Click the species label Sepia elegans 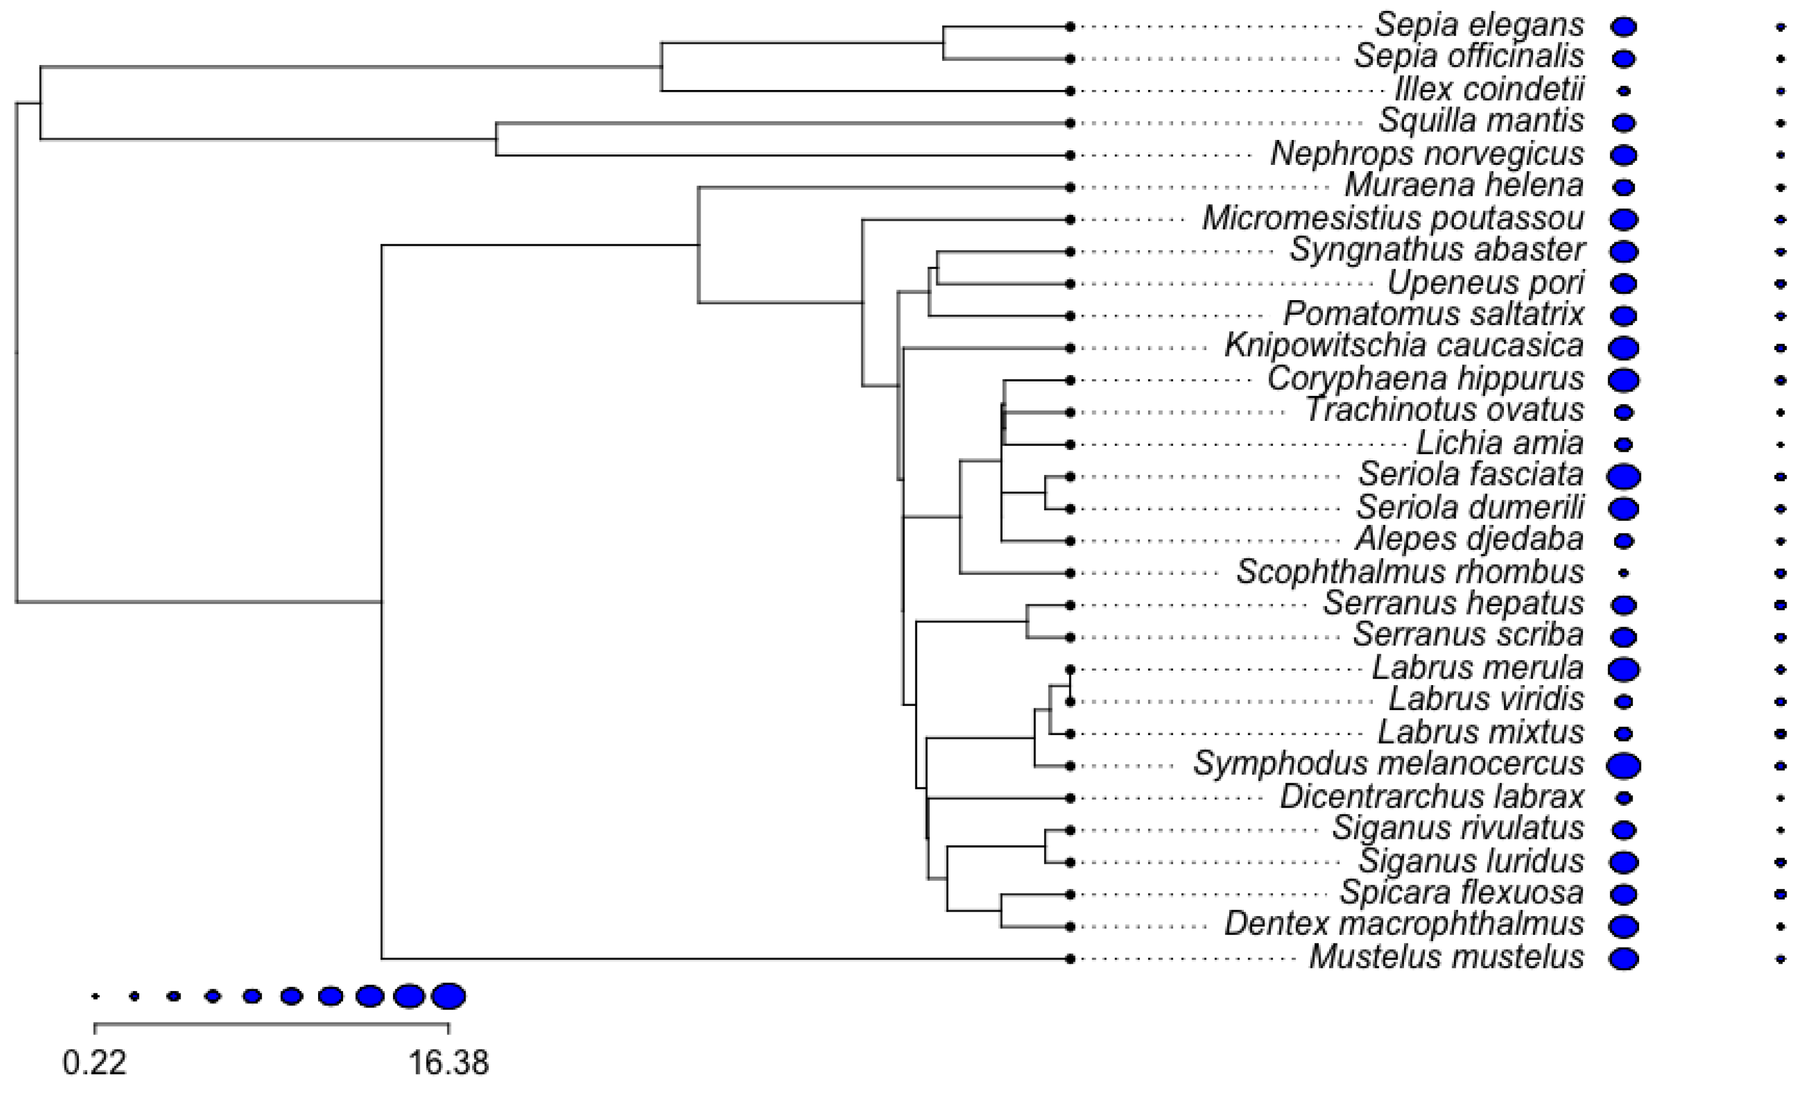pyautogui.click(x=1479, y=26)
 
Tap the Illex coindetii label pyautogui.click(x=1489, y=91)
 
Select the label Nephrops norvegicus pyautogui.click(x=1427, y=154)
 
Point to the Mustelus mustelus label pyautogui.click(x=1446, y=958)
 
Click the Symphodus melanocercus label pyautogui.click(x=1388, y=765)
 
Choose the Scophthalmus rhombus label pyautogui.click(x=1410, y=572)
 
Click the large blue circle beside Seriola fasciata pyautogui.click(x=1623, y=476)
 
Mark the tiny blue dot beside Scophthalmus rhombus pyautogui.click(x=1623, y=574)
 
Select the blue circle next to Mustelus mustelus pyautogui.click(x=1623, y=959)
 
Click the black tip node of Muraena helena pyautogui.click(x=1070, y=188)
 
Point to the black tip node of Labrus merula pyautogui.click(x=1070, y=669)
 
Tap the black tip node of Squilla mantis pyautogui.click(x=1070, y=123)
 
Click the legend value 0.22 pyautogui.click(x=95, y=1063)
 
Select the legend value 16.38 pyautogui.click(x=448, y=1063)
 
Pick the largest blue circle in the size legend pyautogui.click(x=448, y=996)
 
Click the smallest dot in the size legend pyautogui.click(x=95, y=996)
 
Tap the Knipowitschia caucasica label pyautogui.click(x=1404, y=347)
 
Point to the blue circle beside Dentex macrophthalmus pyautogui.click(x=1623, y=927)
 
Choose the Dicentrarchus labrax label pyautogui.click(x=1431, y=797)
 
